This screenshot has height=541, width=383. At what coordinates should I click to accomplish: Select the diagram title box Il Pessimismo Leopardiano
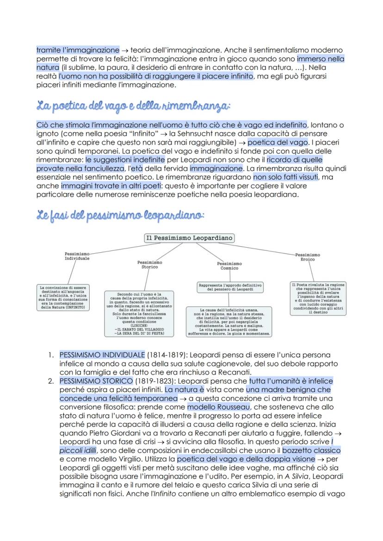pos(189,238)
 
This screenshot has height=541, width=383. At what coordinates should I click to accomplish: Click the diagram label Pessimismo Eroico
pos(307,257)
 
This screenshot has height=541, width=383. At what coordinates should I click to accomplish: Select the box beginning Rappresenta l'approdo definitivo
pos(230,287)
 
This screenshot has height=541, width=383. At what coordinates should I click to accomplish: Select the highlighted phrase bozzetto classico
pos(311,450)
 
